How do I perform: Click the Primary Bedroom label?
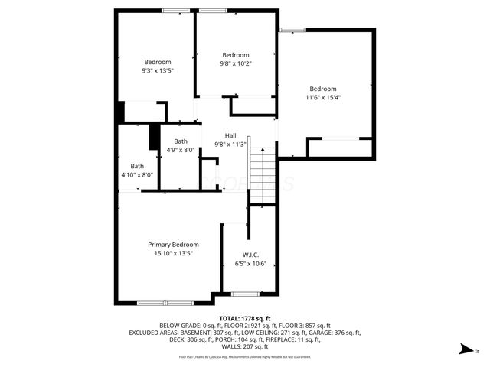coord(168,245)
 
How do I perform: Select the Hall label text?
coord(230,135)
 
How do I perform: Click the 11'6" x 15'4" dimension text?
coord(322,97)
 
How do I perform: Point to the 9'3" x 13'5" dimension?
coord(158,70)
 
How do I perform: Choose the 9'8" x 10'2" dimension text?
coord(236,63)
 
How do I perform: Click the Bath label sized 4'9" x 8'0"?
coord(181,141)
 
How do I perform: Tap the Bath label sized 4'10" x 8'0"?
coord(137,166)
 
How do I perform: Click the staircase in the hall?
coord(261,174)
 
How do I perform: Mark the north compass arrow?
coord(465,349)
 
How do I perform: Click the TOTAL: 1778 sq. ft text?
coord(245,318)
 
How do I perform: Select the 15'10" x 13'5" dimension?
coord(168,253)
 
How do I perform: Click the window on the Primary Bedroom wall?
coord(165,303)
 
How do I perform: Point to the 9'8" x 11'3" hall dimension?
coord(230,144)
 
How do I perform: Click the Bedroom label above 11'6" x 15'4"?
coord(322,89)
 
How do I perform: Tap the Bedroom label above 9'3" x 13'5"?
coord(158,62)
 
